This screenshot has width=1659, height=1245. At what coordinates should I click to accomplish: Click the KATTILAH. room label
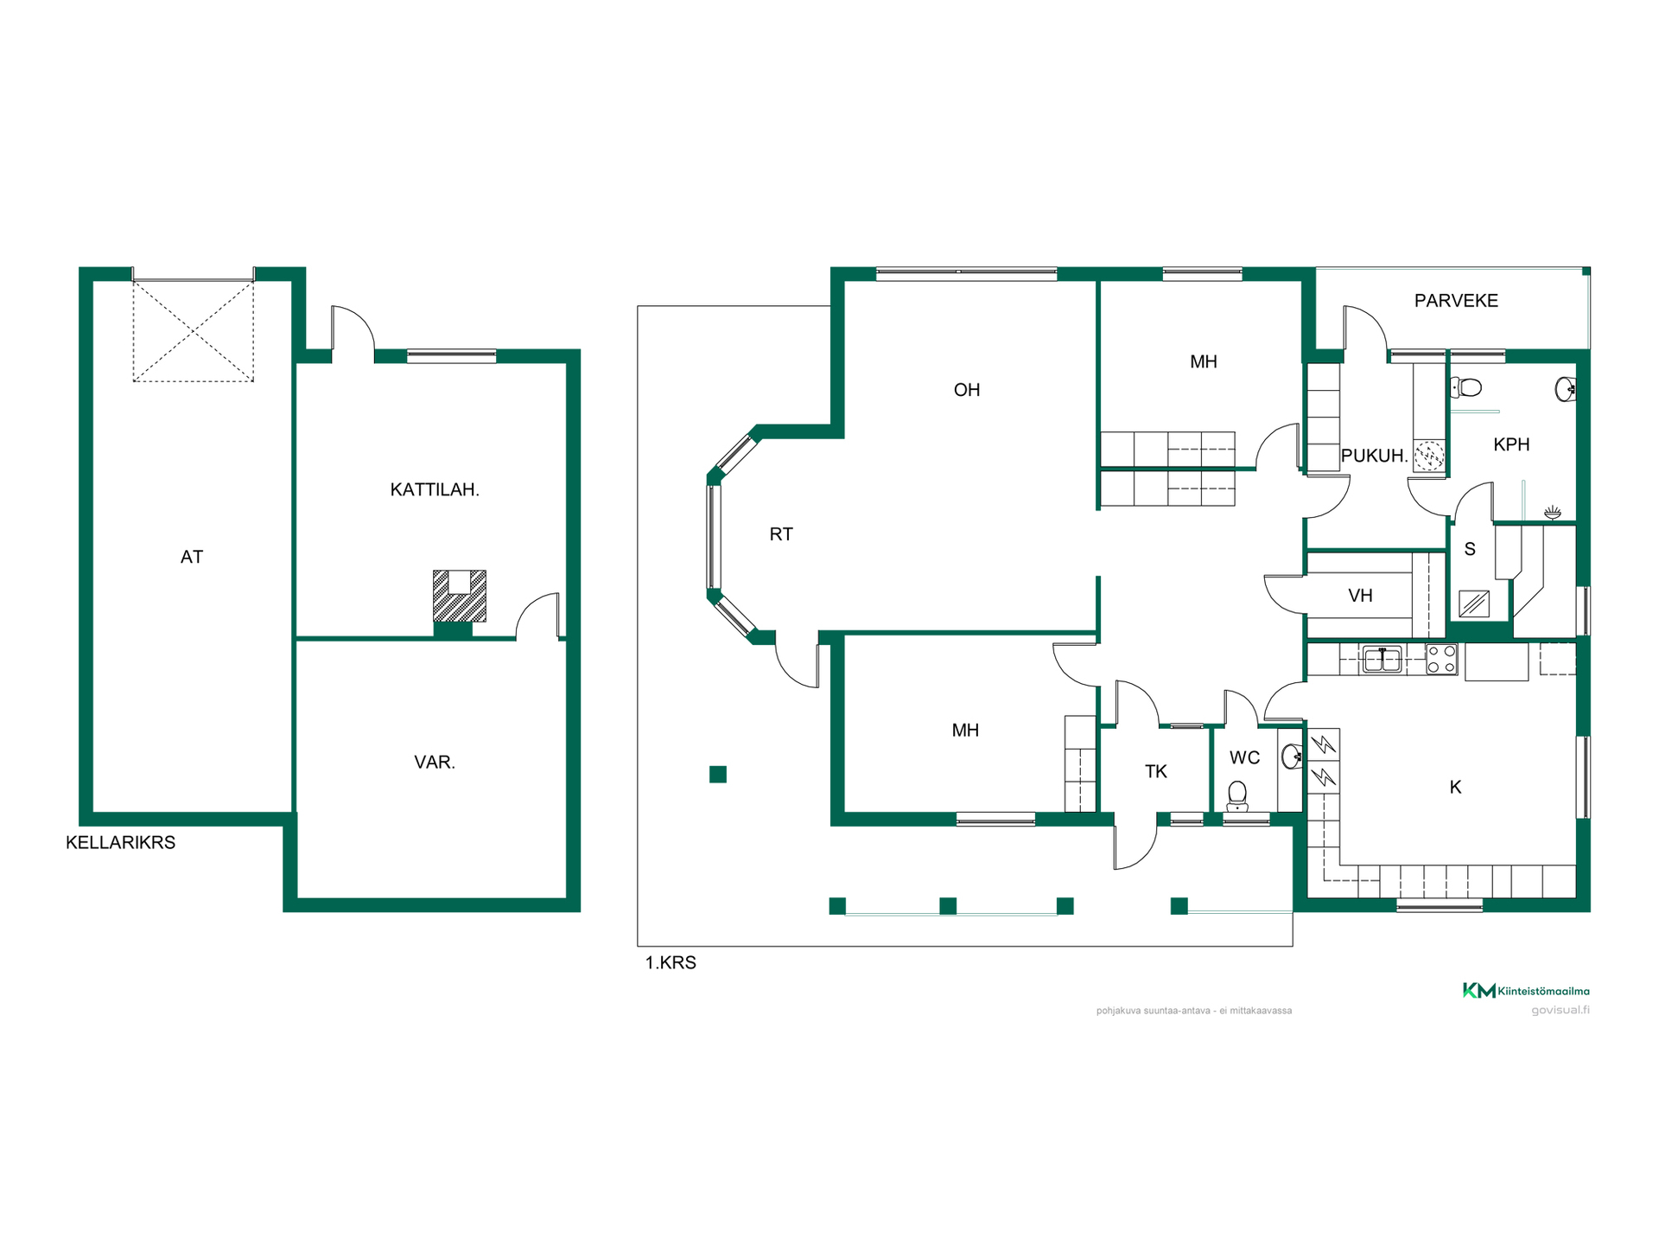(x=435, y=490)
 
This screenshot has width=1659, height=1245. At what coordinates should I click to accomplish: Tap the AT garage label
(x=192, y=558)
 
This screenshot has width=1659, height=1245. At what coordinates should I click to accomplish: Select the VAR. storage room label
(x=435, y=763)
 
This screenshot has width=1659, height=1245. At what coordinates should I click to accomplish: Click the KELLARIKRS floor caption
(x=121, y=843)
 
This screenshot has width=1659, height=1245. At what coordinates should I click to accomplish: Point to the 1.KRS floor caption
(x=671, y=963)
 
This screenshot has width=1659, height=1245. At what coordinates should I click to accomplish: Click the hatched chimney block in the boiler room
(x=460, y=596)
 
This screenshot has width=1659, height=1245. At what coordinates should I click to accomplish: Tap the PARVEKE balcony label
(x=1456, y=301)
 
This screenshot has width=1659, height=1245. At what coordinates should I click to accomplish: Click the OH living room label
(x=967, y=390)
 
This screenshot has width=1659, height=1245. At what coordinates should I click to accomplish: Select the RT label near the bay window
(x=781, y=534)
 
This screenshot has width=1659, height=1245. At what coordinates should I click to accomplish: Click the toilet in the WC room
(x=1237, y=795)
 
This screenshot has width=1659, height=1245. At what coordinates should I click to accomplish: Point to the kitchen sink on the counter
(x=1382, y=660)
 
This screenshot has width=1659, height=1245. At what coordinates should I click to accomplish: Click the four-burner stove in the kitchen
(x=1441, y=660)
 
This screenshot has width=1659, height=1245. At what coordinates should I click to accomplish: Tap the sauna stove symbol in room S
(x=1473, y=603)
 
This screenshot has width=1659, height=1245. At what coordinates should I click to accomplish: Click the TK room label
(x=1156, y=772)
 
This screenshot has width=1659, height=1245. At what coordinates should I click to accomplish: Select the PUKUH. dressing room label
(x=1374, y=456)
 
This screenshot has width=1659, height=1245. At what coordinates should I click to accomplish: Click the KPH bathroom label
(x=1511, y=444)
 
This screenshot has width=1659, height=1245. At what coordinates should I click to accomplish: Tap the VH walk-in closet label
(x=1361, y=596)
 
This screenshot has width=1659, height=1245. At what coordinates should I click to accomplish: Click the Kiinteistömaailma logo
(x=1526, y=991)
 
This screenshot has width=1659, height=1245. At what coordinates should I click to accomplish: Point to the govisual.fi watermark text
(x=1560, y=1010)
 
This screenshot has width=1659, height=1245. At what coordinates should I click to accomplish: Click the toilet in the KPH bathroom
(x=1465, y=386)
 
